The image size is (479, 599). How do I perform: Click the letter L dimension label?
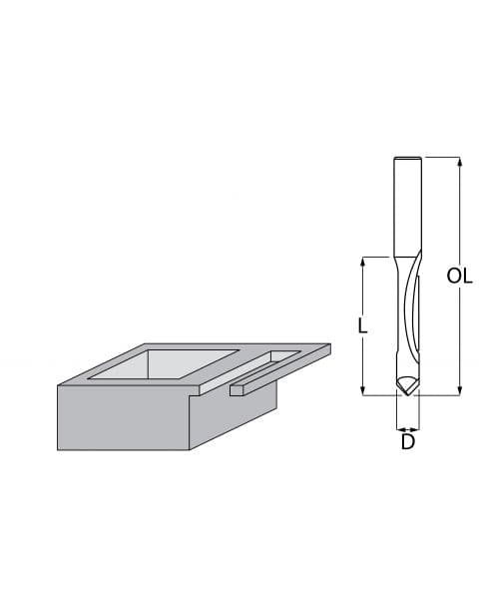coord(364,325)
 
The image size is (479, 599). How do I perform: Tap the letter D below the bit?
coord(407,440)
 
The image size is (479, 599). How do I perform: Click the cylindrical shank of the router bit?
coord(407,205)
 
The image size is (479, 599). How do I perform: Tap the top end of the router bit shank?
coord(407,160)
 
